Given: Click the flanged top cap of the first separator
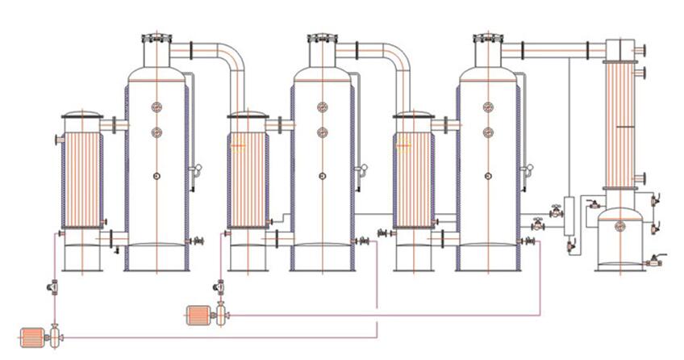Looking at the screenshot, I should (x=156, y=39).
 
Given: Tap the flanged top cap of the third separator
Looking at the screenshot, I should (x=487, y=39).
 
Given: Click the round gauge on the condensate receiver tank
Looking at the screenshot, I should (x=619, y=227).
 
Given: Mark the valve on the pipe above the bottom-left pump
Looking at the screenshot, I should (x=53, y=286).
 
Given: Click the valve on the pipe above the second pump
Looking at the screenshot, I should (x=219, y=286).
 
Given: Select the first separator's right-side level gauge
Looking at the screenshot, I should (x=194, y=170).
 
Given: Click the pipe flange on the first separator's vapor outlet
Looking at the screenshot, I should (x=190, y=50).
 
